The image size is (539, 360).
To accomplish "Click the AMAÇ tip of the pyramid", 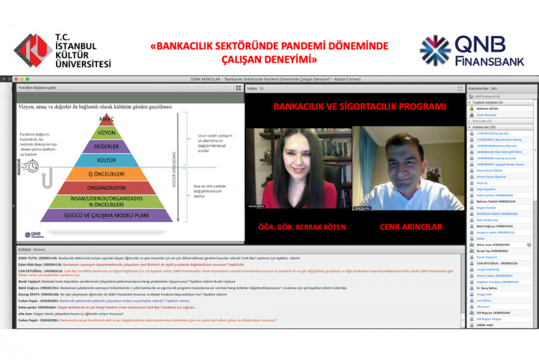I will (x=107, y=119).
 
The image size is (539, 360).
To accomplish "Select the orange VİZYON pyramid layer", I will (x=107, y=132).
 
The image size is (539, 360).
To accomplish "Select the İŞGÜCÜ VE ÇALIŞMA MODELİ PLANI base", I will (x=107, y=214).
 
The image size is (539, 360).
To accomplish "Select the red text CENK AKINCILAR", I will (x=408, y=226).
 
